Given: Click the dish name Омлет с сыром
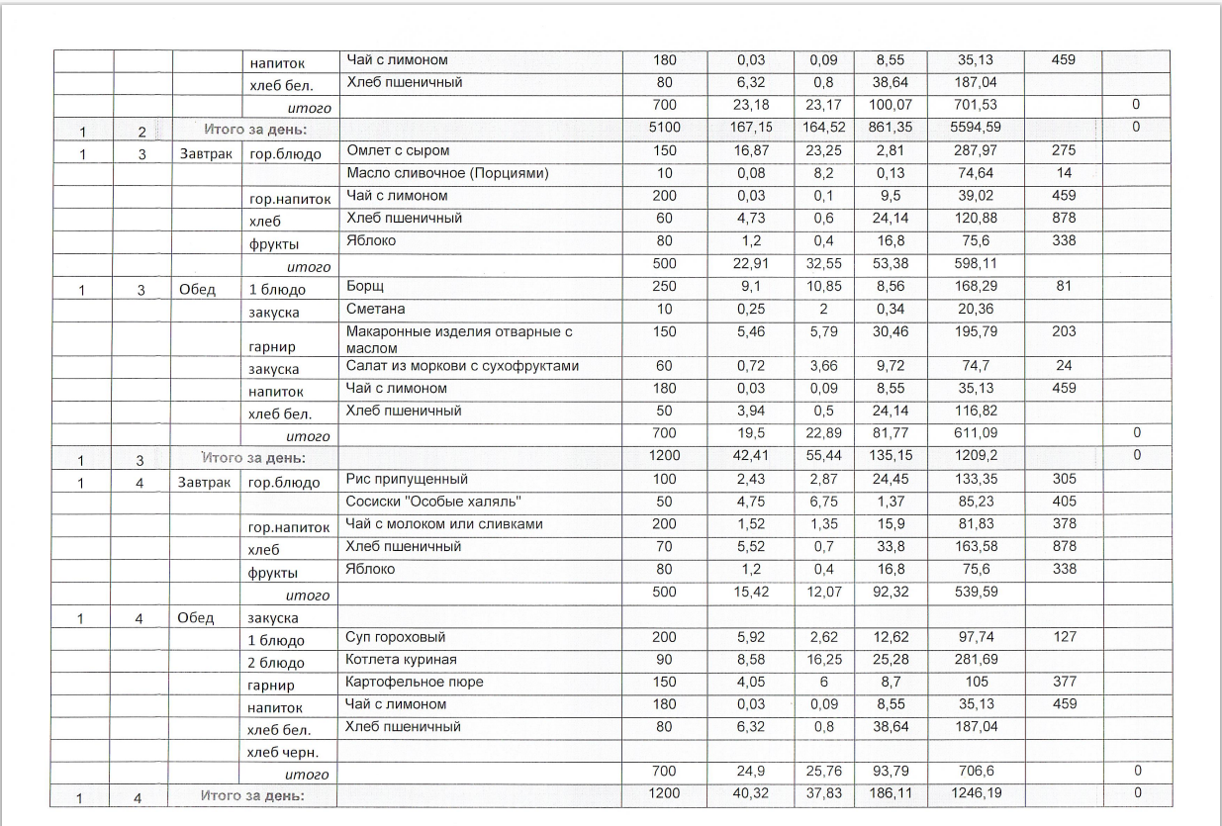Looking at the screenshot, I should click(x=397, y=150).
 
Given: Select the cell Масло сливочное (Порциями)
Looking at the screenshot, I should click(x=433, y=173).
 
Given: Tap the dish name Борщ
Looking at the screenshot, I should click(x=363, y=286).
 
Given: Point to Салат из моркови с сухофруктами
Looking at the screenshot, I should click(x=462, y=366).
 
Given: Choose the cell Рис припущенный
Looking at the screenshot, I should click(x=401, y=479).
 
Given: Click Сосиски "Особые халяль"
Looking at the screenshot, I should click(x=433, y=501).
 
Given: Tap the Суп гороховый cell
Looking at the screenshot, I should click(x=396, y=637).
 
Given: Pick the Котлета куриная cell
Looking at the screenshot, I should click(x=401, y=660).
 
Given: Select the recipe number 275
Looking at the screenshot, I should click(x=1064, y=150).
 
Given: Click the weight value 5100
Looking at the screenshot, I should click(x=665, y=128).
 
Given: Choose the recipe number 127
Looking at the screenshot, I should click(x=1064, y=637).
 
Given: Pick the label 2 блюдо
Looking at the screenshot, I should click(x=276, y=662).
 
